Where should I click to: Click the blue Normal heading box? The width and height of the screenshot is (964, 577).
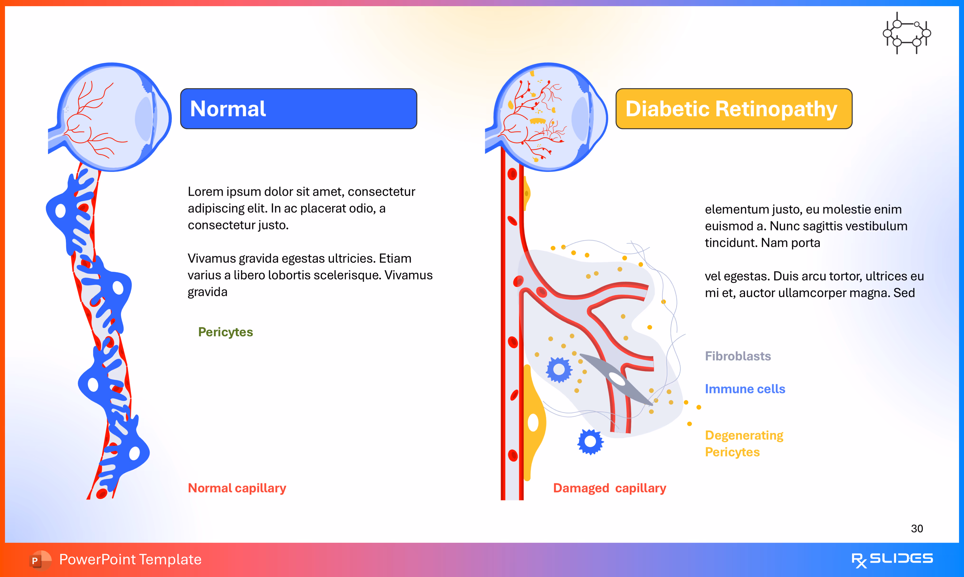pyautogui.click(x=298, y=109)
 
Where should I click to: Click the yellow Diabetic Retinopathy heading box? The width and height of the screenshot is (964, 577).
pyautogui.click(x=733, y=109)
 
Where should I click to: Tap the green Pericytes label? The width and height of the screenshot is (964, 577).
pyautogui.click(x=226, y=332)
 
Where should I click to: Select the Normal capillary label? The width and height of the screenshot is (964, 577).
pyautogui.click(x=237, y=488)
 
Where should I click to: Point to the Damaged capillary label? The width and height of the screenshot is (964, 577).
pyautogui.click(x=609, y=488)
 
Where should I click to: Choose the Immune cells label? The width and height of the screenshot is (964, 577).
pyautogui.click(x=745, y=389)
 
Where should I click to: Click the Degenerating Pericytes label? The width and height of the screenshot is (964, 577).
pyautogui.click(x=744, y=443)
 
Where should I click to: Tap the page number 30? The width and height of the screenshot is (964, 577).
pyautogui.click(x=917, y=528)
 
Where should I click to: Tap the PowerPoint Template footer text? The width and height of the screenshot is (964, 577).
pyautogui.click(x=130, y=559)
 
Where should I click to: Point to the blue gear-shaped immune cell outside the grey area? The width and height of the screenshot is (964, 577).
pyautogui.click(x=590, y=442)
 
